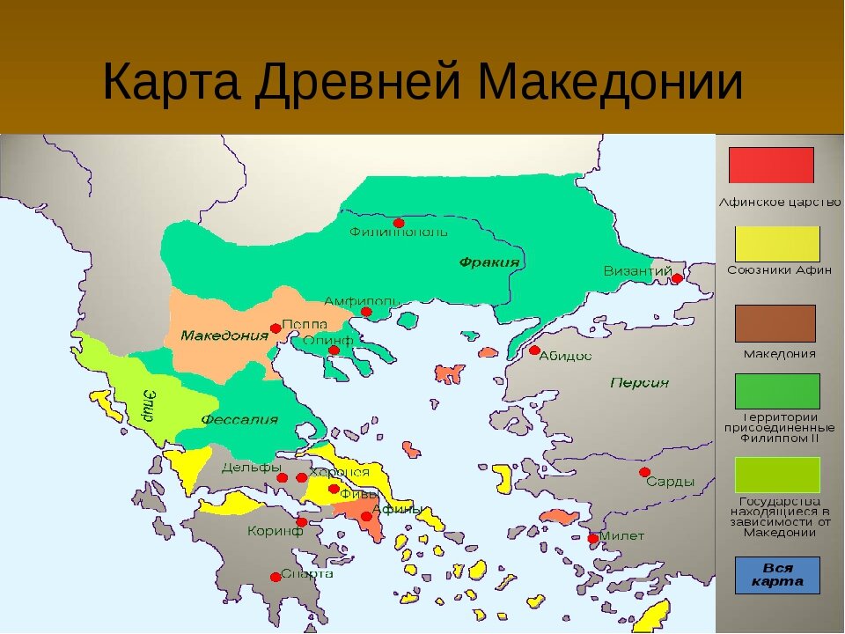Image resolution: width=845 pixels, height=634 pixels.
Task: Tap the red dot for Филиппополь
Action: [399, 223]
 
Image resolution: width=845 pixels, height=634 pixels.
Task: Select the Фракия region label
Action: [489, 262]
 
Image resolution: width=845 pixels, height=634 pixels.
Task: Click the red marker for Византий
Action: [677, 278]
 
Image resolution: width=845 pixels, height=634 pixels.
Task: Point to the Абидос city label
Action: [566, 356]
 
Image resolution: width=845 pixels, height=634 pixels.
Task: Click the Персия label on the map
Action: [639, 383]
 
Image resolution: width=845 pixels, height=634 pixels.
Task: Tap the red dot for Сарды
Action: [645, 473]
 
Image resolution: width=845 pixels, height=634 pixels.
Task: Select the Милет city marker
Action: [593, 538]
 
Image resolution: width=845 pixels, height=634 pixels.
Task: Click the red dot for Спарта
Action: [276, 577]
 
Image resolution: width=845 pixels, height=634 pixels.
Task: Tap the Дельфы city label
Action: [251, 467]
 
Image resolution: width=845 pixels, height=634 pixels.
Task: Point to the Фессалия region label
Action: [239, 419]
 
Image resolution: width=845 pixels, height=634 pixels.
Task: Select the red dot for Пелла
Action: [276, 328]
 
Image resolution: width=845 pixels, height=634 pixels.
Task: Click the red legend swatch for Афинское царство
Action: [771, 165]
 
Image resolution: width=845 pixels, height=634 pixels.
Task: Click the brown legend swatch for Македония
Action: [775, 322]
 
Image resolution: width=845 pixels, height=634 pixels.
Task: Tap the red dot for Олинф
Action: [334, 350]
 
